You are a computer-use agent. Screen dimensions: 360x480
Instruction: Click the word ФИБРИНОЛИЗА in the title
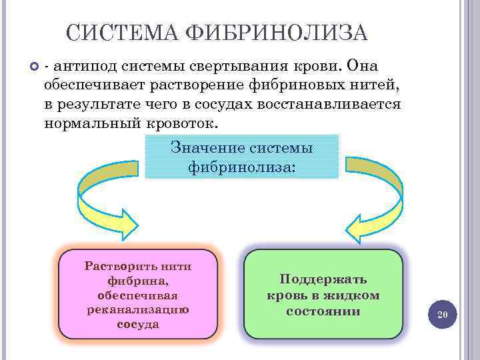(x=278, y=33)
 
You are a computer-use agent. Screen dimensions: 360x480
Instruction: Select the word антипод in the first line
(x=83, y=67)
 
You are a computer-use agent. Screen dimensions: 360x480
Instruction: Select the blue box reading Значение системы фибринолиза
(x=241, y=157)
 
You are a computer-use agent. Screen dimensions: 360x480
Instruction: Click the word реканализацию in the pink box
(x=138, y=309)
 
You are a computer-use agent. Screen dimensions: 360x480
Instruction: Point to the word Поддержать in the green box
(x=323, y=280)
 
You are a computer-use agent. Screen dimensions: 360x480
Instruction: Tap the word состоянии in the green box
(x=323, y=311)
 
